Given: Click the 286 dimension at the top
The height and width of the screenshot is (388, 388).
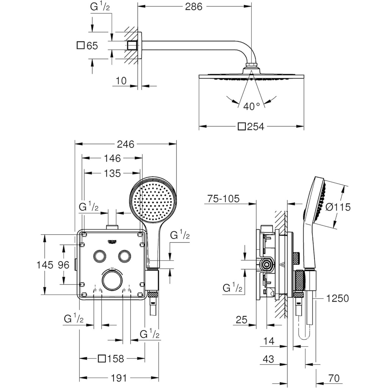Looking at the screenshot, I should [194, 7].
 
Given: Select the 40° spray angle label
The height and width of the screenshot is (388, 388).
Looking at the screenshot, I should [252, 106].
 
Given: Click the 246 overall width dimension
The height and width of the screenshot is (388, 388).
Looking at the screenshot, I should [125, 144].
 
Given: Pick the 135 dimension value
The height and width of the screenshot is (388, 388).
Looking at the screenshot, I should [112, 174].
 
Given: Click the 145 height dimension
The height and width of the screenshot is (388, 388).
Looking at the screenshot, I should [45, 265].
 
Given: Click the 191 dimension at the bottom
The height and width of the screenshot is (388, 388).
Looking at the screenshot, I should [119, 378].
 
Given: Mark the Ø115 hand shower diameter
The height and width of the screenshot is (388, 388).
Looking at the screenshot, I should [338, 207].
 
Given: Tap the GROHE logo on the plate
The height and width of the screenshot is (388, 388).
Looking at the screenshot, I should [113, 242].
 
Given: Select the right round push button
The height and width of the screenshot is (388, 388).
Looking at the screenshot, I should [124, 256].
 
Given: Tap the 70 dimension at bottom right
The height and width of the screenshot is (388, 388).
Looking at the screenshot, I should [334, 378].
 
